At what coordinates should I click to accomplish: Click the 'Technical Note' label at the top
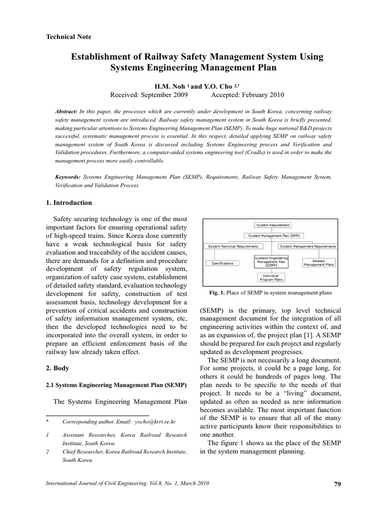click(69, 37)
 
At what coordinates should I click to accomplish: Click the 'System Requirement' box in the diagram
click(273, 225)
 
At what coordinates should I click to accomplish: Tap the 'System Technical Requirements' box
click(233, 246)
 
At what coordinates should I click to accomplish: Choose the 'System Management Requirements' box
click(307, 246)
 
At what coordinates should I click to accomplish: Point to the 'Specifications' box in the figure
click(222, 263)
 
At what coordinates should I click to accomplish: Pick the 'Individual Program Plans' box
click(271, 277)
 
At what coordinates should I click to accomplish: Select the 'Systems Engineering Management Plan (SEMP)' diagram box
click(271, 261)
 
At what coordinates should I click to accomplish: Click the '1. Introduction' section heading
click(69, 203)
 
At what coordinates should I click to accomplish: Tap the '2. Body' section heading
click(58, 368)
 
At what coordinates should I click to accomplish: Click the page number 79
click(337, 485)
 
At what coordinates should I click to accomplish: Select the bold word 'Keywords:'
click(68, 177)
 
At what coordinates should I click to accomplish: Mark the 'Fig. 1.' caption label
click(218, 292)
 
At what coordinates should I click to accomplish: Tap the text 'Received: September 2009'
click(149, 95)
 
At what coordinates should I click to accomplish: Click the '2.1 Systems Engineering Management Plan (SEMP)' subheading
click(116, 385)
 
